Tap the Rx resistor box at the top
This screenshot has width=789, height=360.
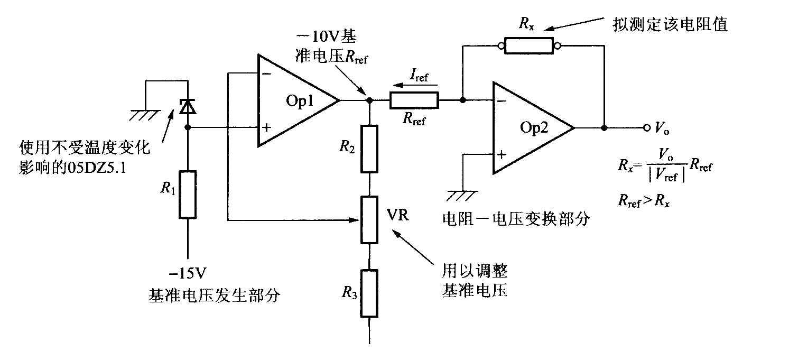point(528,46)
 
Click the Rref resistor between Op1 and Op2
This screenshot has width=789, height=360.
point(414,100)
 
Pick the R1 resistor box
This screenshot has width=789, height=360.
point(188,195)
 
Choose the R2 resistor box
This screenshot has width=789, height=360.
point(369,149)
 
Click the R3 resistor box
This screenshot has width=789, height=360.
point(369,293)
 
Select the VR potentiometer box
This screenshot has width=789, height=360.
point(369,220)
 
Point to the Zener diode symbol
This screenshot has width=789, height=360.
point(188,106)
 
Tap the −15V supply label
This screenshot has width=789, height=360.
point(188,273)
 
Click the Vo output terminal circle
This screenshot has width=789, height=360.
point(647,128)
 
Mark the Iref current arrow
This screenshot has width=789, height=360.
point(415,85)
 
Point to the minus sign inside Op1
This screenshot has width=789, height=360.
point(267,73)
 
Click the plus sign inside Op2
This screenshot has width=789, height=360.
point(502,154)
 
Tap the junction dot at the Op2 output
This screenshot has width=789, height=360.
point(604,128)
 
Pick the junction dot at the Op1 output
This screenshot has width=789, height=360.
point(369,100)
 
